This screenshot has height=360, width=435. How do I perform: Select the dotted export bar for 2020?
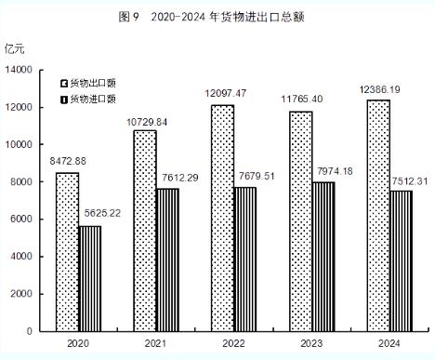point(67,251)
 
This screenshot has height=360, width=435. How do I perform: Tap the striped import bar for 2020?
point(90,278)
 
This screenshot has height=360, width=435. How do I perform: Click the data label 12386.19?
point(376,90)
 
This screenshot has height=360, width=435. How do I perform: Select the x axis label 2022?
point(233,343)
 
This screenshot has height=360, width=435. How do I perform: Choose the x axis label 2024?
point(389,343)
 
